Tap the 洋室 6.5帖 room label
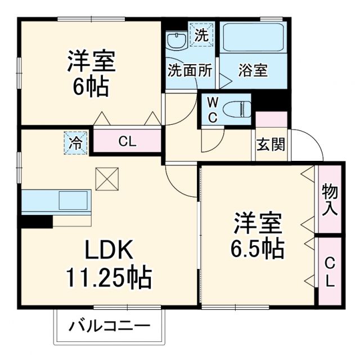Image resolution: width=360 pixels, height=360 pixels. [256, 235]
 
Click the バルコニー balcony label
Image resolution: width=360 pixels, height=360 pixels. [110, 326]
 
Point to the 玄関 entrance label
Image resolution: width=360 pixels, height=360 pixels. [271, 145]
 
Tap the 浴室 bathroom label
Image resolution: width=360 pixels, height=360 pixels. [253, 71]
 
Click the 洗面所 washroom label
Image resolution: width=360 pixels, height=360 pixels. [190, 71]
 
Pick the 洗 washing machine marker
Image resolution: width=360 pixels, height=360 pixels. [201, 34]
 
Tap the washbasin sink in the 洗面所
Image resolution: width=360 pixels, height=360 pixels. [176, 41]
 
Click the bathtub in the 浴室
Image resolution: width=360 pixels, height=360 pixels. [254, 39]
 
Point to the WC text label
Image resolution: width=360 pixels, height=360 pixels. [213, 109]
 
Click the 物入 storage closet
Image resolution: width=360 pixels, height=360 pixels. [330, 200]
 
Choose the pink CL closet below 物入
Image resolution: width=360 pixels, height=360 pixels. [330, 271]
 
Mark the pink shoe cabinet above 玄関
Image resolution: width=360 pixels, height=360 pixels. [272, 120]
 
